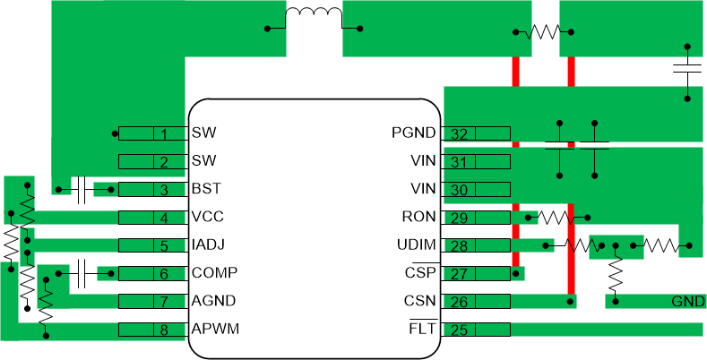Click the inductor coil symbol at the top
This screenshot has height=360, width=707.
click(x=314, y=18)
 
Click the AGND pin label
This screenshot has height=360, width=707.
click(x=212, y=301)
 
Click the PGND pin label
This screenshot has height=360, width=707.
click(x=413, y=133)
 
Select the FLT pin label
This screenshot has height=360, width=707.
click(x=422, y=330)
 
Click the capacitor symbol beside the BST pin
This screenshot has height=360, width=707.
click(x=82, y=190)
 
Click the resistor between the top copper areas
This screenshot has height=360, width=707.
click(x=543, y=32)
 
